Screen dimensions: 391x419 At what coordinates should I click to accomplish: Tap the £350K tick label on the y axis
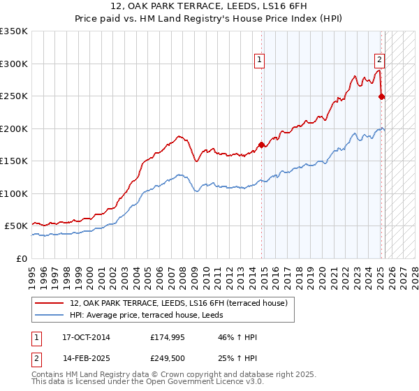pyautogui.click(x=14, y=31)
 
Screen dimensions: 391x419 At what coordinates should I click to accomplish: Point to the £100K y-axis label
pyautogui.click(x=14, y=193)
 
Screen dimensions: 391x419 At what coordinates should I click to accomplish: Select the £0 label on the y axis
pyautogui.click(x=22, y=258)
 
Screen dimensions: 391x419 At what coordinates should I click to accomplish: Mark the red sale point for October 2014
pyautogui.click(x=262, y=145)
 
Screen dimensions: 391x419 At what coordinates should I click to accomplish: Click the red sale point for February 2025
pyautogui.click(x=382, y=96)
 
